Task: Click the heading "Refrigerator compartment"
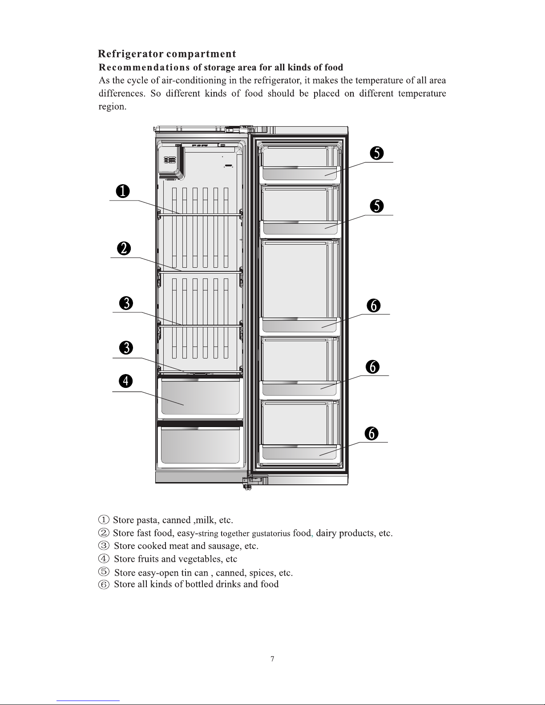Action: [x=167, y=54]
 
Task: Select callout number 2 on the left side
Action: [x=124, y=248]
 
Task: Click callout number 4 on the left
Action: [x=126, y=381]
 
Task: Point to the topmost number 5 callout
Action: [x=377, y=153]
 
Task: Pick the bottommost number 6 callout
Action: [x=371, y=433]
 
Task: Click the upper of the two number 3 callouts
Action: [x=127, y=303]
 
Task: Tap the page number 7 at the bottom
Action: [x=272, y=659]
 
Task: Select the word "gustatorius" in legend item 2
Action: [x=270, y=533]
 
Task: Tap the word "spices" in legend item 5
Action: [x=262, y=572]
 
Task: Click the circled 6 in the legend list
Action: [x=103, y=584]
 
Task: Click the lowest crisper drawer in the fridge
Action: [x=200, y=445]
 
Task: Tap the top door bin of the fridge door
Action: [x=301, y=173]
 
